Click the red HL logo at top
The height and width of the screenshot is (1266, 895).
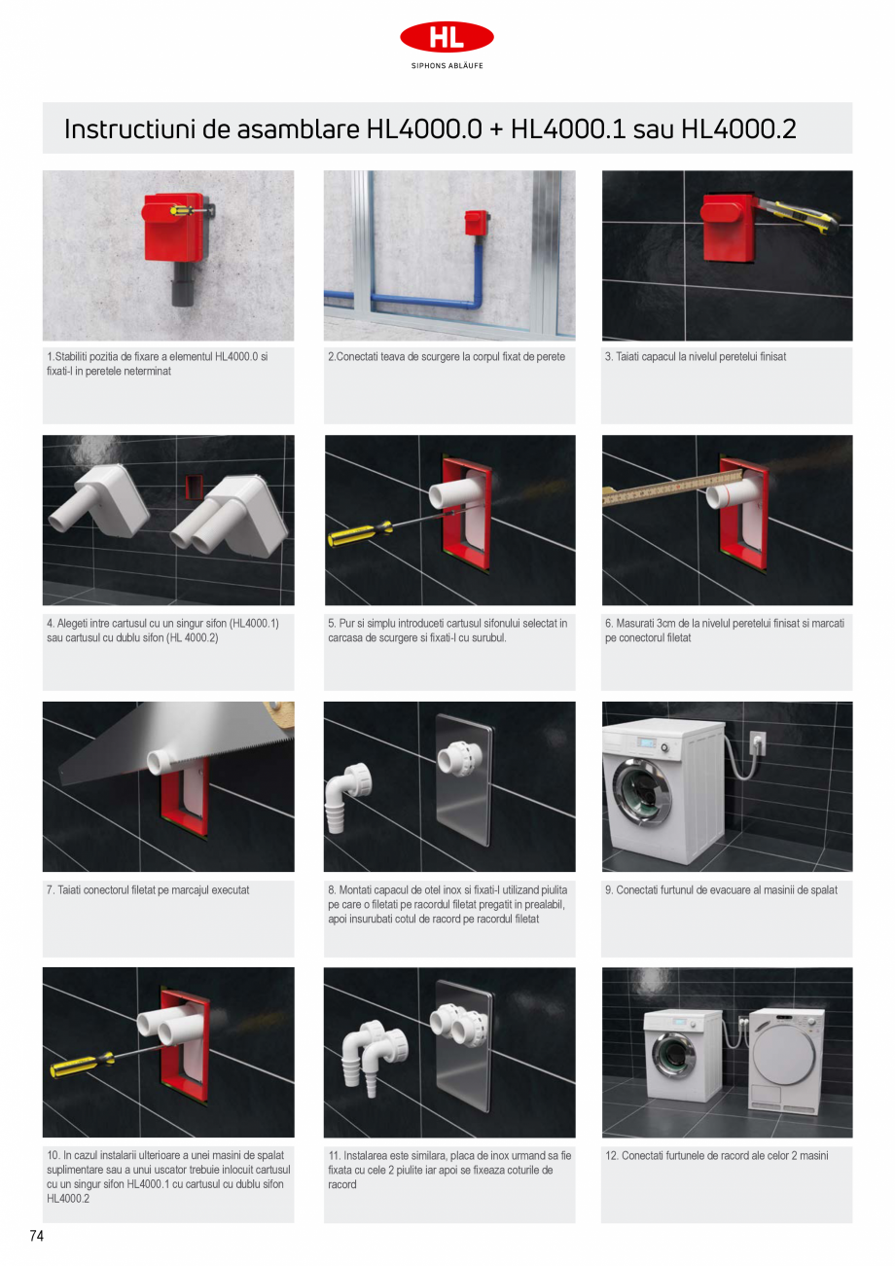pyautogui.click(x=447, y=37)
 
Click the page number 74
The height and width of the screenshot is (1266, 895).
pyautogui.click(x=37, y=1236)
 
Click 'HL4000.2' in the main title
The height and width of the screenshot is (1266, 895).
pyautogui.click(x=738, y=129)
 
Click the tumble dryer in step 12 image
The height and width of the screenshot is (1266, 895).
pyautogui.click(x=787, y=1062)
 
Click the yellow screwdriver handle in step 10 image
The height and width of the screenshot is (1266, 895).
pyautogui.click(x=79, y=1067)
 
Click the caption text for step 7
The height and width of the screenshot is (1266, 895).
pyautogui.click(x=148, y=889)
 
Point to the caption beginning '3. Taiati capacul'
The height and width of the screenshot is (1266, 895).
pyautogui.click(x=695, y=357)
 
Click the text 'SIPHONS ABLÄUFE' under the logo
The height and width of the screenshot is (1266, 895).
pyautogui.click(x=447, y=66)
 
